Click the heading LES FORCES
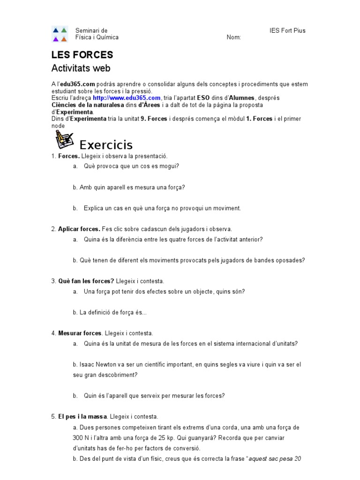coord(82,55)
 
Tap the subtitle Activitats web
coord(81,68)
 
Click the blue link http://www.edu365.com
coord(127,98)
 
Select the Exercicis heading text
coord(106,144)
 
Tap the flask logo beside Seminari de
coord(60,34)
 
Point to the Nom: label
coord(234,37)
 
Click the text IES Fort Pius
coord(287,31)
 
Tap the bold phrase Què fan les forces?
coord(86,281)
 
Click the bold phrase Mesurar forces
coord(80,333)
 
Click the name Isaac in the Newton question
coord(87,364)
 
